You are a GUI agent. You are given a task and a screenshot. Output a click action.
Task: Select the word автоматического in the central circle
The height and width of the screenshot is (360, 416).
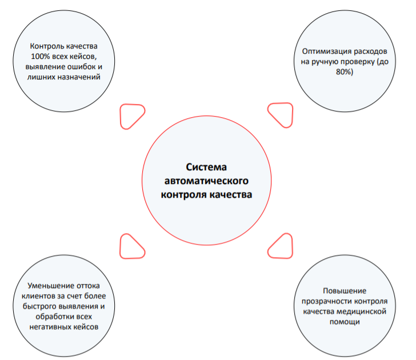pos(206,181)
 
